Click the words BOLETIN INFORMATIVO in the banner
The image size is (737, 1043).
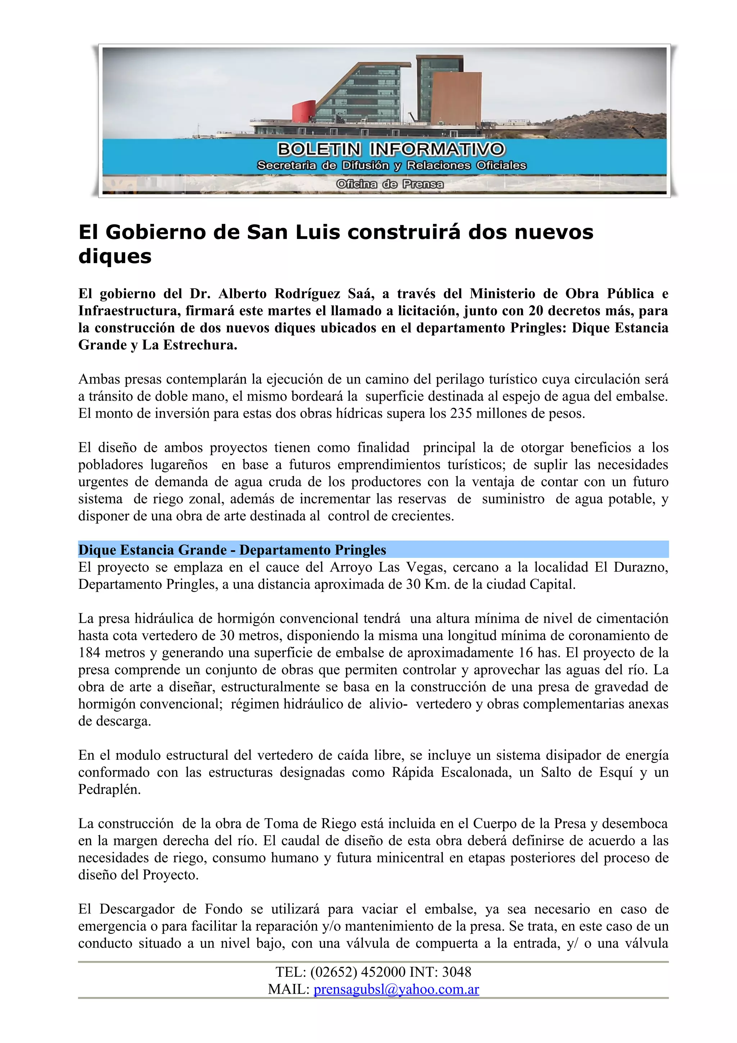pyautogui.click(x=390, y=149)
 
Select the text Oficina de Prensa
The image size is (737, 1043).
pyautogui.click(x=390, y=184)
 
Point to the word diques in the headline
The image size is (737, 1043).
pyautogui.click(x=115, y=257)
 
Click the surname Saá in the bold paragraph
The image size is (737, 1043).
pyautogui.click(x=361, y=294)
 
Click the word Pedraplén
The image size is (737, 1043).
pyautogui.click(x=109, y=789)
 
